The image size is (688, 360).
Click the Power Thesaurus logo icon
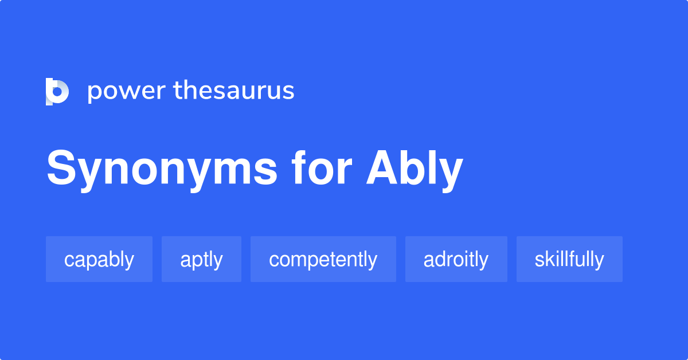(57, 92)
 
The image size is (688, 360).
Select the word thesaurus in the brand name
(234, 91)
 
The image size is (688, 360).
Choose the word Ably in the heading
(415, 169)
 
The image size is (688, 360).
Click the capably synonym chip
(99, 259)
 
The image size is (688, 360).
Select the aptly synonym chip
(201, 259)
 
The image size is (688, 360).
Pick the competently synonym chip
(323, 259)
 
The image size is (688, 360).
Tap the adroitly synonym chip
(456, 259)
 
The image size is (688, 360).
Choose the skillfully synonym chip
(569, 259)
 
